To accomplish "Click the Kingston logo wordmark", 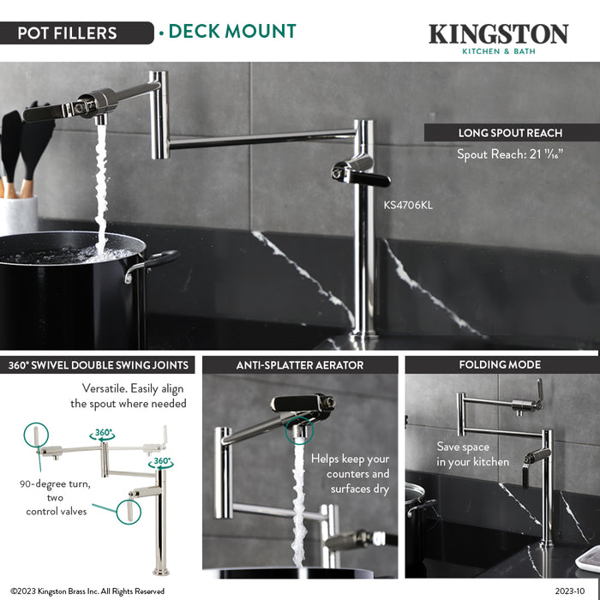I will pos(498,33).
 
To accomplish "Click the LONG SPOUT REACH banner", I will pos(510,133).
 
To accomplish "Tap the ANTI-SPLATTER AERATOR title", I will pos(300,365).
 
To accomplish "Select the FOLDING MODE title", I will pos(500,365).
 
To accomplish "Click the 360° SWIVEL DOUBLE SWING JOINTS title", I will pos(98,365).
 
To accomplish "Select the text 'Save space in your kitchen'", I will pos(472,454).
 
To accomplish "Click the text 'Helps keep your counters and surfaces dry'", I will pos(350,473).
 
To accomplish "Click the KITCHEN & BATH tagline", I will pos(498,51).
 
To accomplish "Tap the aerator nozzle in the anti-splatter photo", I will pos(298,432).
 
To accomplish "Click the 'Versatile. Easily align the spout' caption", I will pos(129,395).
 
